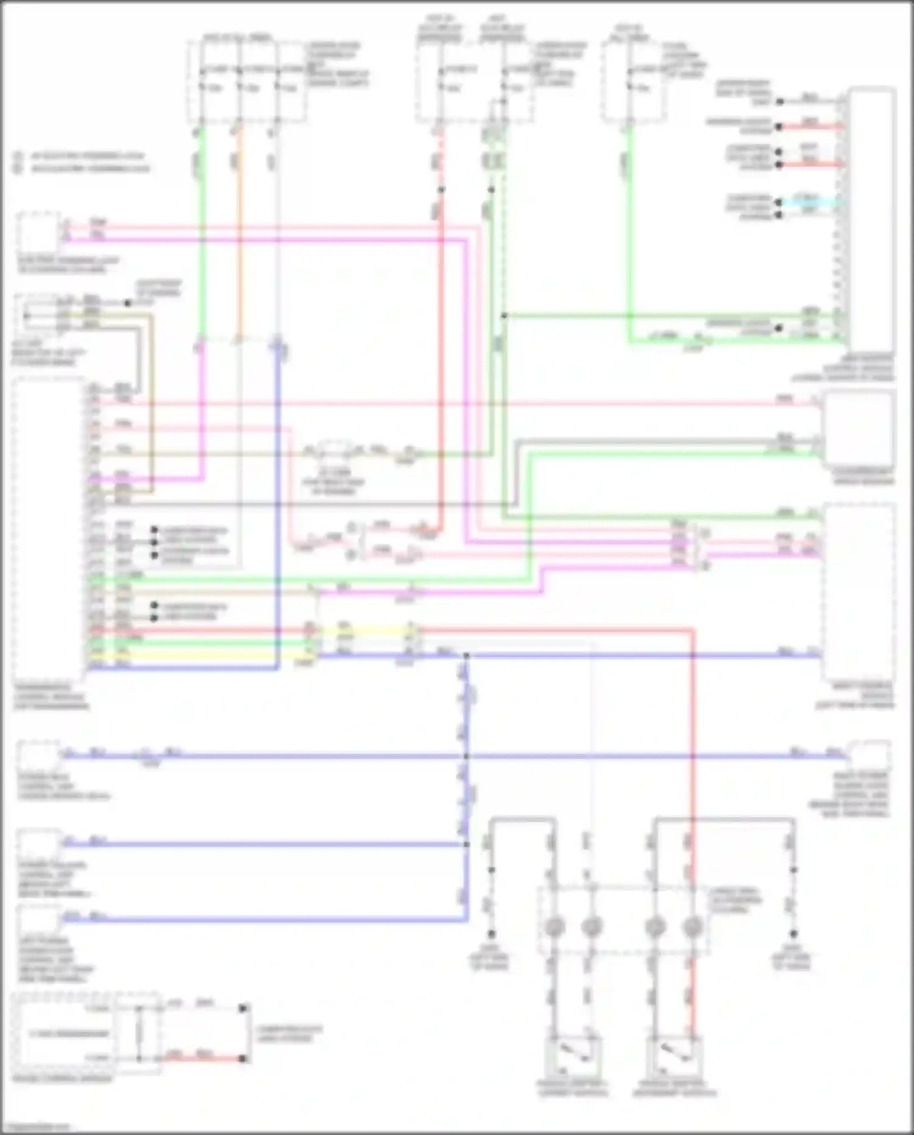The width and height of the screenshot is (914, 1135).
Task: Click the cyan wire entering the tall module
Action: [x=810, y=201]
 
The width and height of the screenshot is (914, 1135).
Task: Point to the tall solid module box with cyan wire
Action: [x=871, y=220]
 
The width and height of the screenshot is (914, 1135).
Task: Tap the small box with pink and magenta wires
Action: [x=38, y=232]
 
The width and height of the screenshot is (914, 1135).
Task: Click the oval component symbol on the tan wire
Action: [x=333, y=452]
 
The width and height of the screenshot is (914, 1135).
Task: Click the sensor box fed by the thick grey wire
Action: [x=858, y=430]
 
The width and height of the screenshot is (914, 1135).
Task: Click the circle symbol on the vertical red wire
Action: [x=692, y=928]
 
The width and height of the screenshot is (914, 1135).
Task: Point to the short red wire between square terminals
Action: [x=204, y=1059]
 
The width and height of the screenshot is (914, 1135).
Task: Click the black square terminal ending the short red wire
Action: [x=243, y=1059]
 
